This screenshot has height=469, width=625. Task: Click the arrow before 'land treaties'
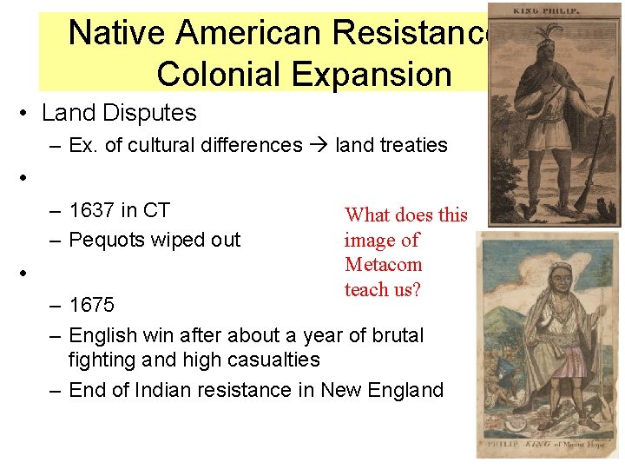point(318,145)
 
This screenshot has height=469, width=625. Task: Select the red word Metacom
point(383,264)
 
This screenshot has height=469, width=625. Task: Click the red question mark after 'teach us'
point(417,289)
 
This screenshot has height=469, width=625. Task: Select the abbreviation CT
point(155,210)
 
